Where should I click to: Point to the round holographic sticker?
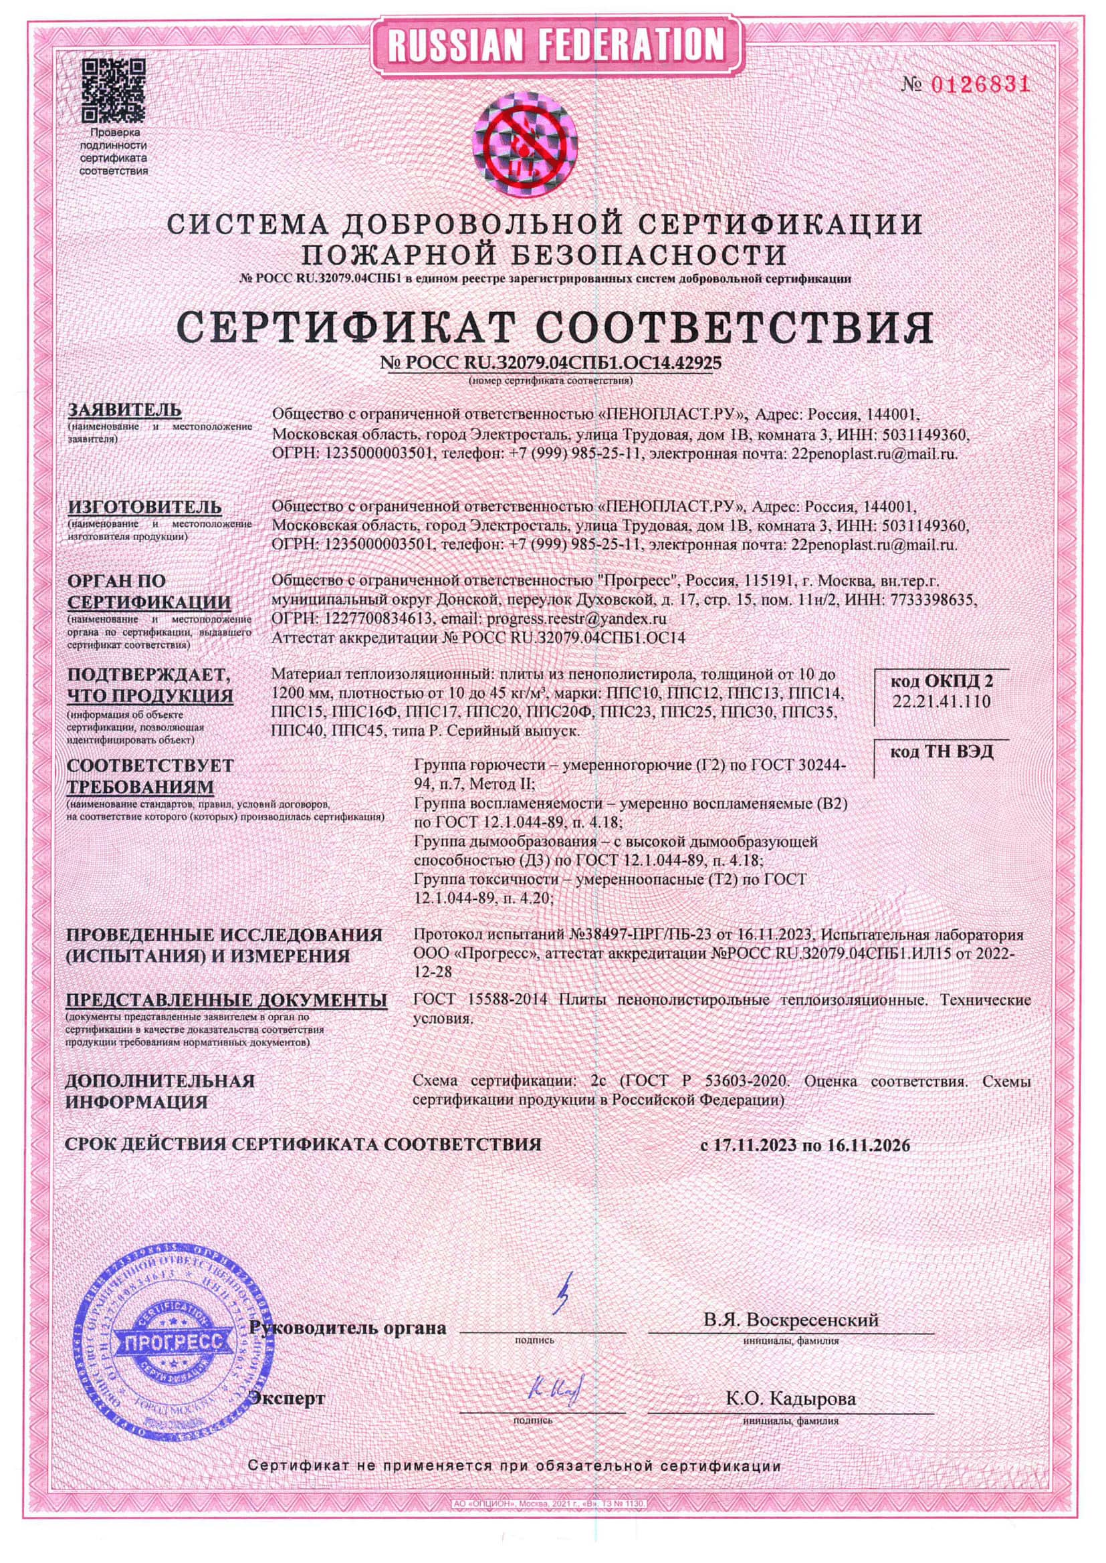coord(525,145)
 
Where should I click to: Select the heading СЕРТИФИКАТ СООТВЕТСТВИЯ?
coord(552,328)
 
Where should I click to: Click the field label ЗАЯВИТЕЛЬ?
coord(124,410)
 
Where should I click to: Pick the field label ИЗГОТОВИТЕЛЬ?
coord(144,507)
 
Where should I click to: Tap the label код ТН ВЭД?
coord(942,752)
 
